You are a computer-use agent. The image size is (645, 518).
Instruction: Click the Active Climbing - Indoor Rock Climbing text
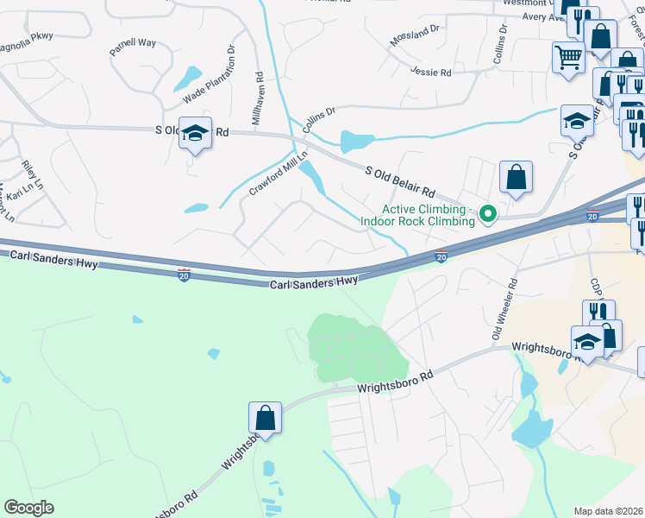point(429,215)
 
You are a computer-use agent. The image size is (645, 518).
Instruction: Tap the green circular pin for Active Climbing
point(487,213)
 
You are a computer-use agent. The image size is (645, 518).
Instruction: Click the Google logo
point(28,508)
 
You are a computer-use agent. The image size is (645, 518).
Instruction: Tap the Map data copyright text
point(609,511)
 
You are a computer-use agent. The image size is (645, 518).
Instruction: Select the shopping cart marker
point(568,59)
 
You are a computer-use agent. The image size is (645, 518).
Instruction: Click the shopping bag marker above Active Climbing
point(516,177)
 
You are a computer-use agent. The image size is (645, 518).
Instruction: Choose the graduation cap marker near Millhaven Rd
point(196,133)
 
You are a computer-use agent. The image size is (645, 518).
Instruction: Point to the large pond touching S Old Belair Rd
point(360,142)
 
